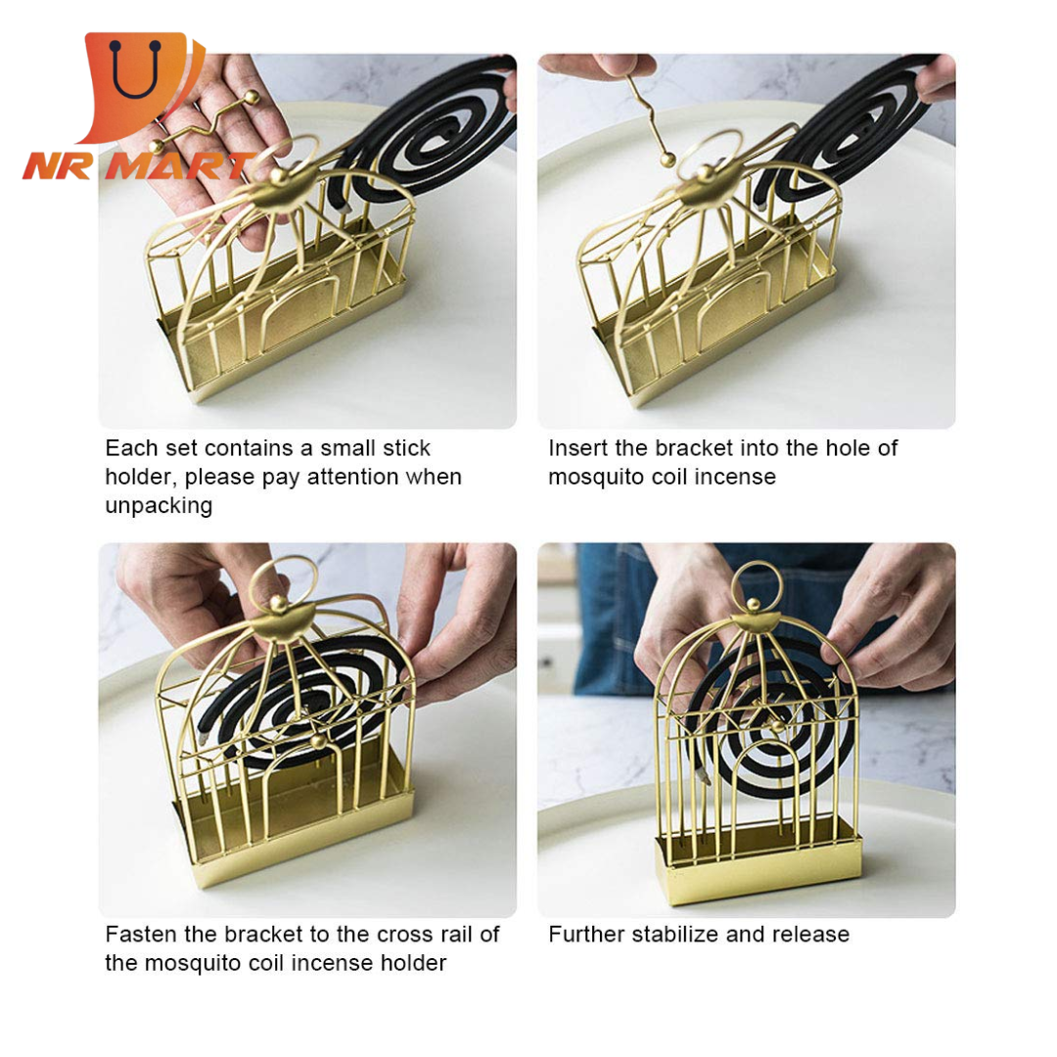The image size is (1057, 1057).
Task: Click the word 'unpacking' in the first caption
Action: pos(159,506)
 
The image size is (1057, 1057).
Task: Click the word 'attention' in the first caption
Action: pos(353,478)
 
